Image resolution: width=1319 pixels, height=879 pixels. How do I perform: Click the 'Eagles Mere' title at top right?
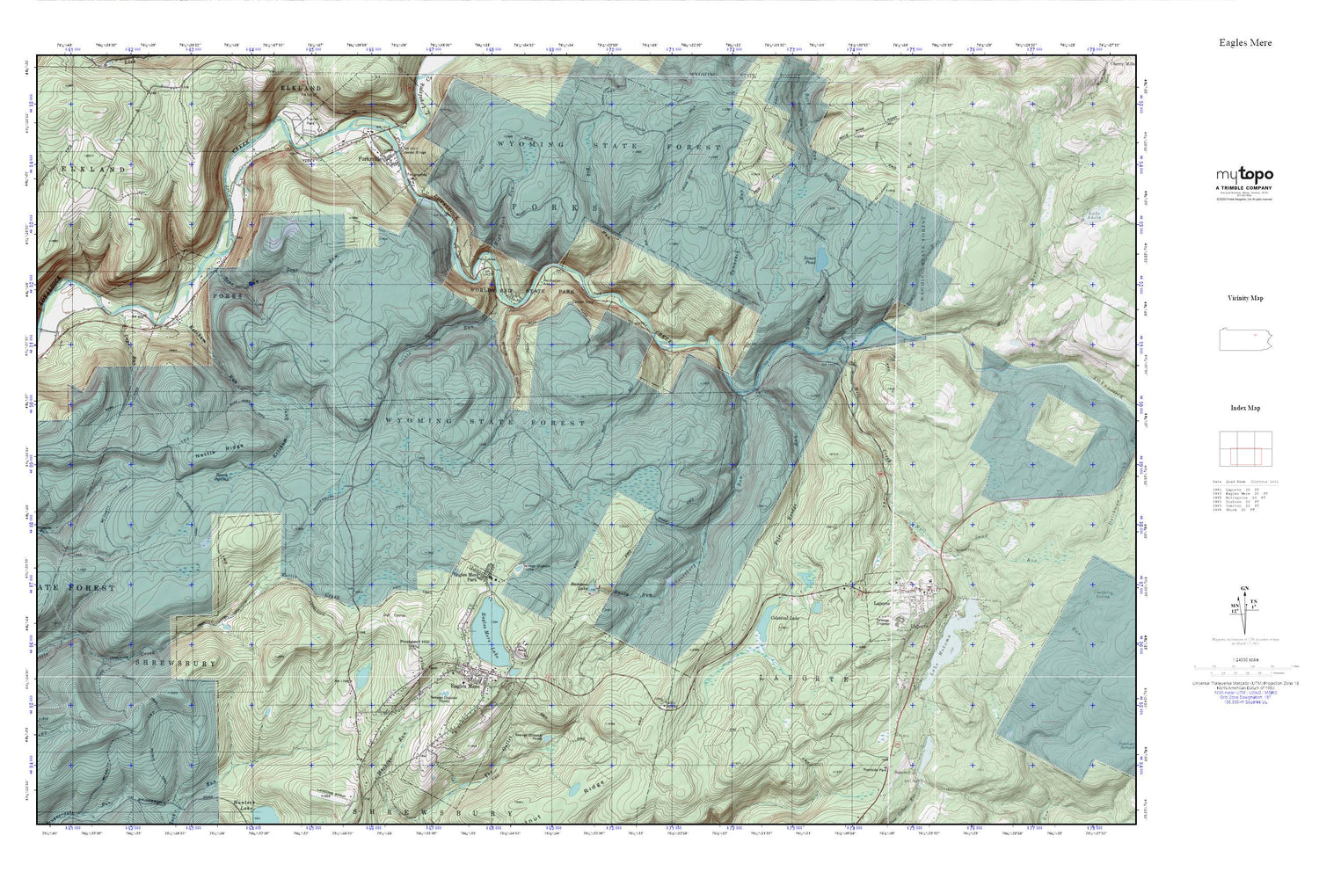pyautogui.click(x=1245, y=42)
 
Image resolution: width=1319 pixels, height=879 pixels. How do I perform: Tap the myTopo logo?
pyautogui.click(x=1244, y=175)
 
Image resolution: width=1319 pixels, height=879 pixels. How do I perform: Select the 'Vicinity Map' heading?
pyautogui.click(x=1245, y=298)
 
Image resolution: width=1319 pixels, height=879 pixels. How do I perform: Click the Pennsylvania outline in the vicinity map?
pyautogui.click(x=1245, y=340)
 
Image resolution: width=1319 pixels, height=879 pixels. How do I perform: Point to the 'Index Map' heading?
pyautogui.click(x=1245, y=408)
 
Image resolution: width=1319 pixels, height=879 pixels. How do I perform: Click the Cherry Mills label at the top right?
pyautogui.click(x=1123, y=63)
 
